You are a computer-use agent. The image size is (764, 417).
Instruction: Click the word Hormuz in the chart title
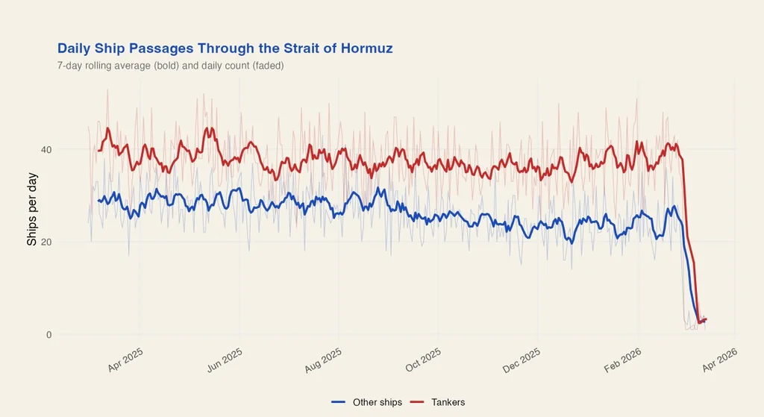click(366, 48)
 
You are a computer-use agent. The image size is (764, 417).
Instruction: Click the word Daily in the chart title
click(75, 48)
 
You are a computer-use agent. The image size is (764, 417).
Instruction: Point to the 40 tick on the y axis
click(46, 149)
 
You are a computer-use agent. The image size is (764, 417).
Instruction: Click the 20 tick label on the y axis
click(46, 242)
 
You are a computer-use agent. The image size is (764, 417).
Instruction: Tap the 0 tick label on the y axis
click(48, 334)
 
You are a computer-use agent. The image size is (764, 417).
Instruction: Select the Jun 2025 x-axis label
click(225, 359)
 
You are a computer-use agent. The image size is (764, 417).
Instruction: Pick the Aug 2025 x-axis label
click(324, 359)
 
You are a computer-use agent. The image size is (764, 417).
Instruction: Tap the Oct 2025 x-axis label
click(424, 359)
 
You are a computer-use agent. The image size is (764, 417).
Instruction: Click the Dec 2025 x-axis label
click(522, 359)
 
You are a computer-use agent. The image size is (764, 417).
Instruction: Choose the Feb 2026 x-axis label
click(622, 359)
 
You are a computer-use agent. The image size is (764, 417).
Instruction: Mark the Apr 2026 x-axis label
click(720, 359)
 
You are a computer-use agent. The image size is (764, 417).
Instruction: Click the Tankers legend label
click(448, 402)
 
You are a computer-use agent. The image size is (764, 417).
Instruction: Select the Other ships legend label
click(378, 402)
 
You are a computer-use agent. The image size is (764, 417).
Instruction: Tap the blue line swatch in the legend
click(339, 402)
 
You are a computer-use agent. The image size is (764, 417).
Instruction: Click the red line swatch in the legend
click(418, 402)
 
